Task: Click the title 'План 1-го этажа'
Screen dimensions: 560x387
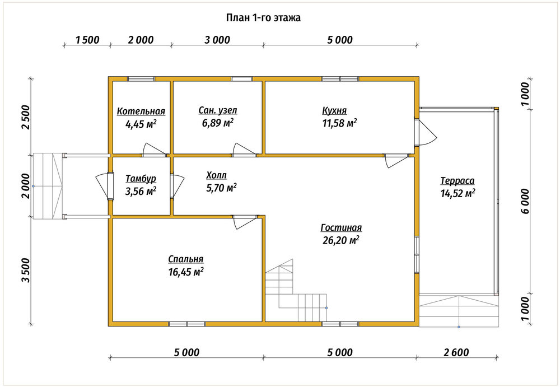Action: [x=263, y=18]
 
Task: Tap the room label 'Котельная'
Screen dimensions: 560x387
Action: [x=141, y=111]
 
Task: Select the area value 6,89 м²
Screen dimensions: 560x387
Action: [x=218, y=123]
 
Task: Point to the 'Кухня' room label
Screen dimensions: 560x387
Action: [x=334, y=110]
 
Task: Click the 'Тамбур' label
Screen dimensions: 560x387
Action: [x=141, y=178]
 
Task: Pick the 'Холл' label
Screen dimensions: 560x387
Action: [x=216, y=175]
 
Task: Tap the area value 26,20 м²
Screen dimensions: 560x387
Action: [x=341, y=240]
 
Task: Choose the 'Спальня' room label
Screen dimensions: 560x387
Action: [x=186, y=259]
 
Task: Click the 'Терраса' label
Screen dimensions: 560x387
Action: [x=458, y=180]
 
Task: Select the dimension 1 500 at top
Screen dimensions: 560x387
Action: [x=87, y=40]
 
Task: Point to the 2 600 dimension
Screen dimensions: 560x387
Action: [x=456, y=353]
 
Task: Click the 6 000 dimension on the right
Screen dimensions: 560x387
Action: [x=525, y=201]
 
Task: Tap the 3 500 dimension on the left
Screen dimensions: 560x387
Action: [x=26, y=270]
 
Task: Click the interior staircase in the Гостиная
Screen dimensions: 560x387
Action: [x=296, y=290]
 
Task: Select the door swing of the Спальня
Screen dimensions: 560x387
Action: [x=245, y=222]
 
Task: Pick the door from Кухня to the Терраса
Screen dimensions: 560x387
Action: [x=426, y=132]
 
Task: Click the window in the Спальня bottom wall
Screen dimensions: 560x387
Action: [x=187, y=324]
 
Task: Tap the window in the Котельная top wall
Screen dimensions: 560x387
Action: [x=141, y=79]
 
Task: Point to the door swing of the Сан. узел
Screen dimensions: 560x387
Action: [x=245, y=150]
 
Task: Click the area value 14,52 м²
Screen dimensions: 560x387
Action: [x=458, y=193]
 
